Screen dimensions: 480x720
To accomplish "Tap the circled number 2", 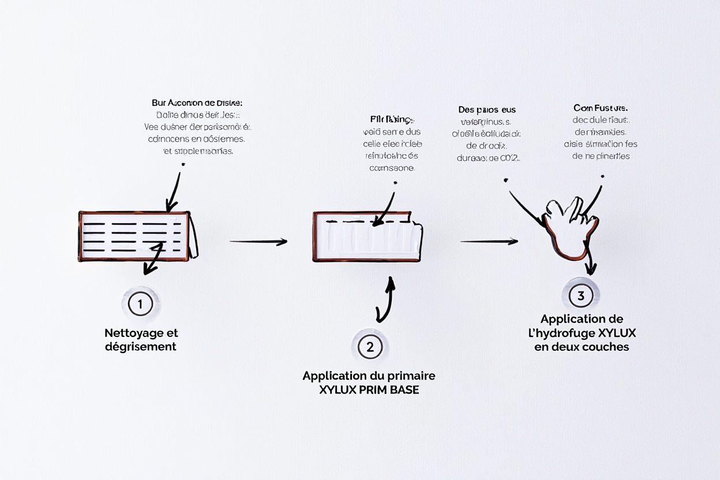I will pyautogui.click(x=370, y=347).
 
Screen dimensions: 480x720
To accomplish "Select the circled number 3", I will pyautogui.click(x=580, y=296).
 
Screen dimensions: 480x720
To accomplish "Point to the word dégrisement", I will pyautogui.click(x=140, y=347).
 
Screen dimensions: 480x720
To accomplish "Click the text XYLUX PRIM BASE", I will pyautogui.click(x=369, y=389).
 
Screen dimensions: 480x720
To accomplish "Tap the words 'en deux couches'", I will pyautogui.click(x=582, y=347).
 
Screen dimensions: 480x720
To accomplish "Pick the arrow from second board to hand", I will pyautogui.click(x=489, y=241).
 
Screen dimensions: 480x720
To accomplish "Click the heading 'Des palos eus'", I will pyautogui.click(x=486, y=110).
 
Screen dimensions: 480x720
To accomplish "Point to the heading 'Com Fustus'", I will pyautogui.click(x=600, y=108).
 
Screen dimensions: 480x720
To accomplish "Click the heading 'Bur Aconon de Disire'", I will pyautogui.click(x=197, y=103).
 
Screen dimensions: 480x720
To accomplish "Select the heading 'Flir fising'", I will pyautogui.click(x=392, y=119).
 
